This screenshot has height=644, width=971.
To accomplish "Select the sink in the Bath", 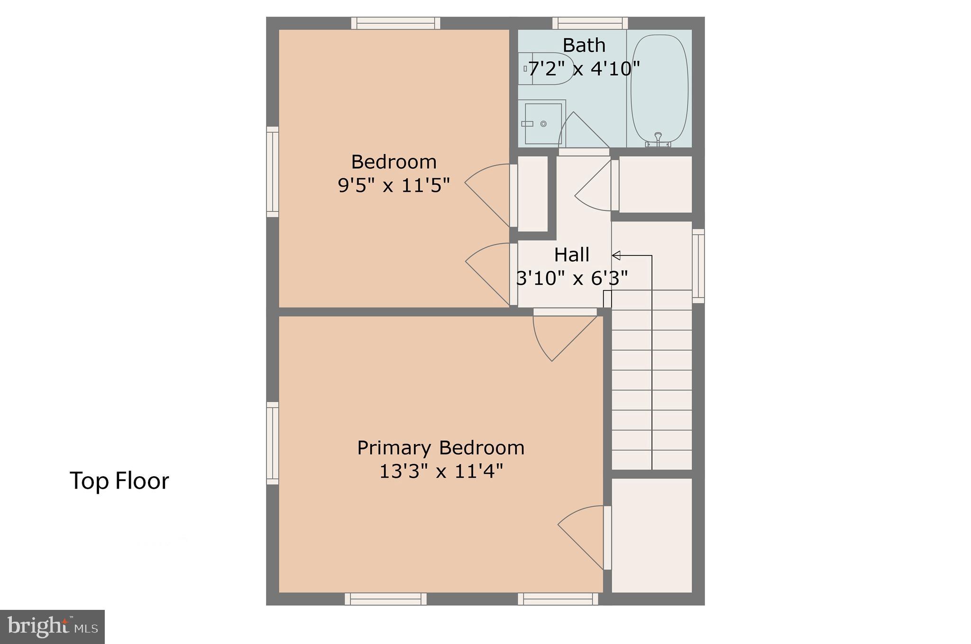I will point(543,123).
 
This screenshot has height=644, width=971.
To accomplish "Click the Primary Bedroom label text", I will point(440,448).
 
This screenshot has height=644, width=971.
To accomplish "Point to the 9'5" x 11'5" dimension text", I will point(394,185).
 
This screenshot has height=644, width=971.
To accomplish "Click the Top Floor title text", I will point(119,481).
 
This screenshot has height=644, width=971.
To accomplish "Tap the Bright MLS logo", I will point(52,627).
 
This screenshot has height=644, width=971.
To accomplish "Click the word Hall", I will point(572,255).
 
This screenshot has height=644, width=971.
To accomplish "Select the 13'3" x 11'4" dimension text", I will point(440,472).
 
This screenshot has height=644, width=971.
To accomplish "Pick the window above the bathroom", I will point(590,23).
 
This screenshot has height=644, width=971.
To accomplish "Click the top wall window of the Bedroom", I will point(396,23).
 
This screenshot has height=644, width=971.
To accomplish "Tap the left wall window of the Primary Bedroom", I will point(273,443).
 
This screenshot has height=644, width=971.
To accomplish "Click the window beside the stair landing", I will point(698,266).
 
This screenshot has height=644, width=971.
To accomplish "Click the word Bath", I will point(584,45).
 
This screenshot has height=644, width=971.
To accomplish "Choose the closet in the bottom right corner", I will point(652,535).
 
